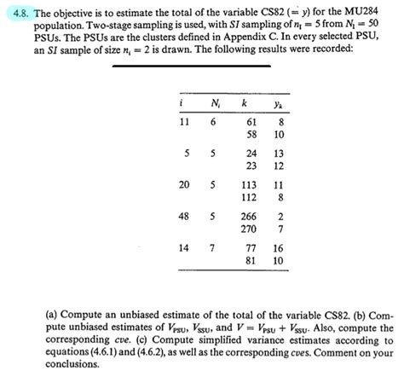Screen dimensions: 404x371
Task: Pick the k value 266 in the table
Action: point(248,217)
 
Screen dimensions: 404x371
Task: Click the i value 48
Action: point(183,217)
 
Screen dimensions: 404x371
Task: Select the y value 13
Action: point(278,154)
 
